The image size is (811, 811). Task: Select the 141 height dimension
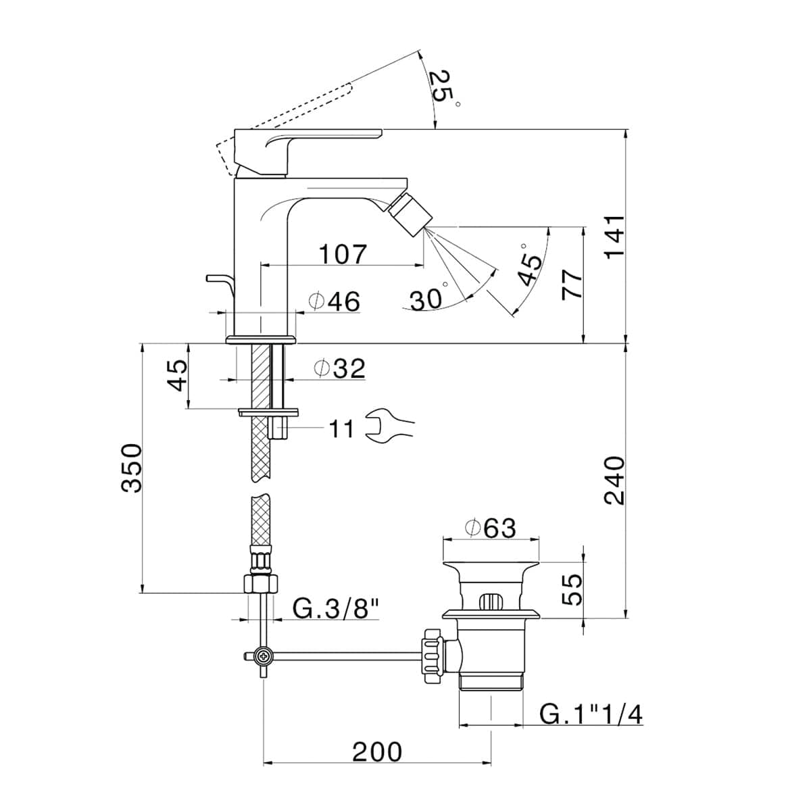(612, 237)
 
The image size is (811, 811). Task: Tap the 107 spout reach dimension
(343, 254)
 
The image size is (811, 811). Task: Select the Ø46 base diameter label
(334, 301)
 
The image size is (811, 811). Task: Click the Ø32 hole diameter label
(339, 368)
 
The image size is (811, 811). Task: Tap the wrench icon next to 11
(388, 426)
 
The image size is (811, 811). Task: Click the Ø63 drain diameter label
(489, 528)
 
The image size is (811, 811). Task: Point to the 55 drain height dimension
(571, 590)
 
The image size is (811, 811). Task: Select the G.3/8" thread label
(334, 609)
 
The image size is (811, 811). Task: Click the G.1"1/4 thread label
(591, 714)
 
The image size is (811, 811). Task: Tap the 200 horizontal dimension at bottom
(376, 752)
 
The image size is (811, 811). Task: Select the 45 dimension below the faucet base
(176, 375)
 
